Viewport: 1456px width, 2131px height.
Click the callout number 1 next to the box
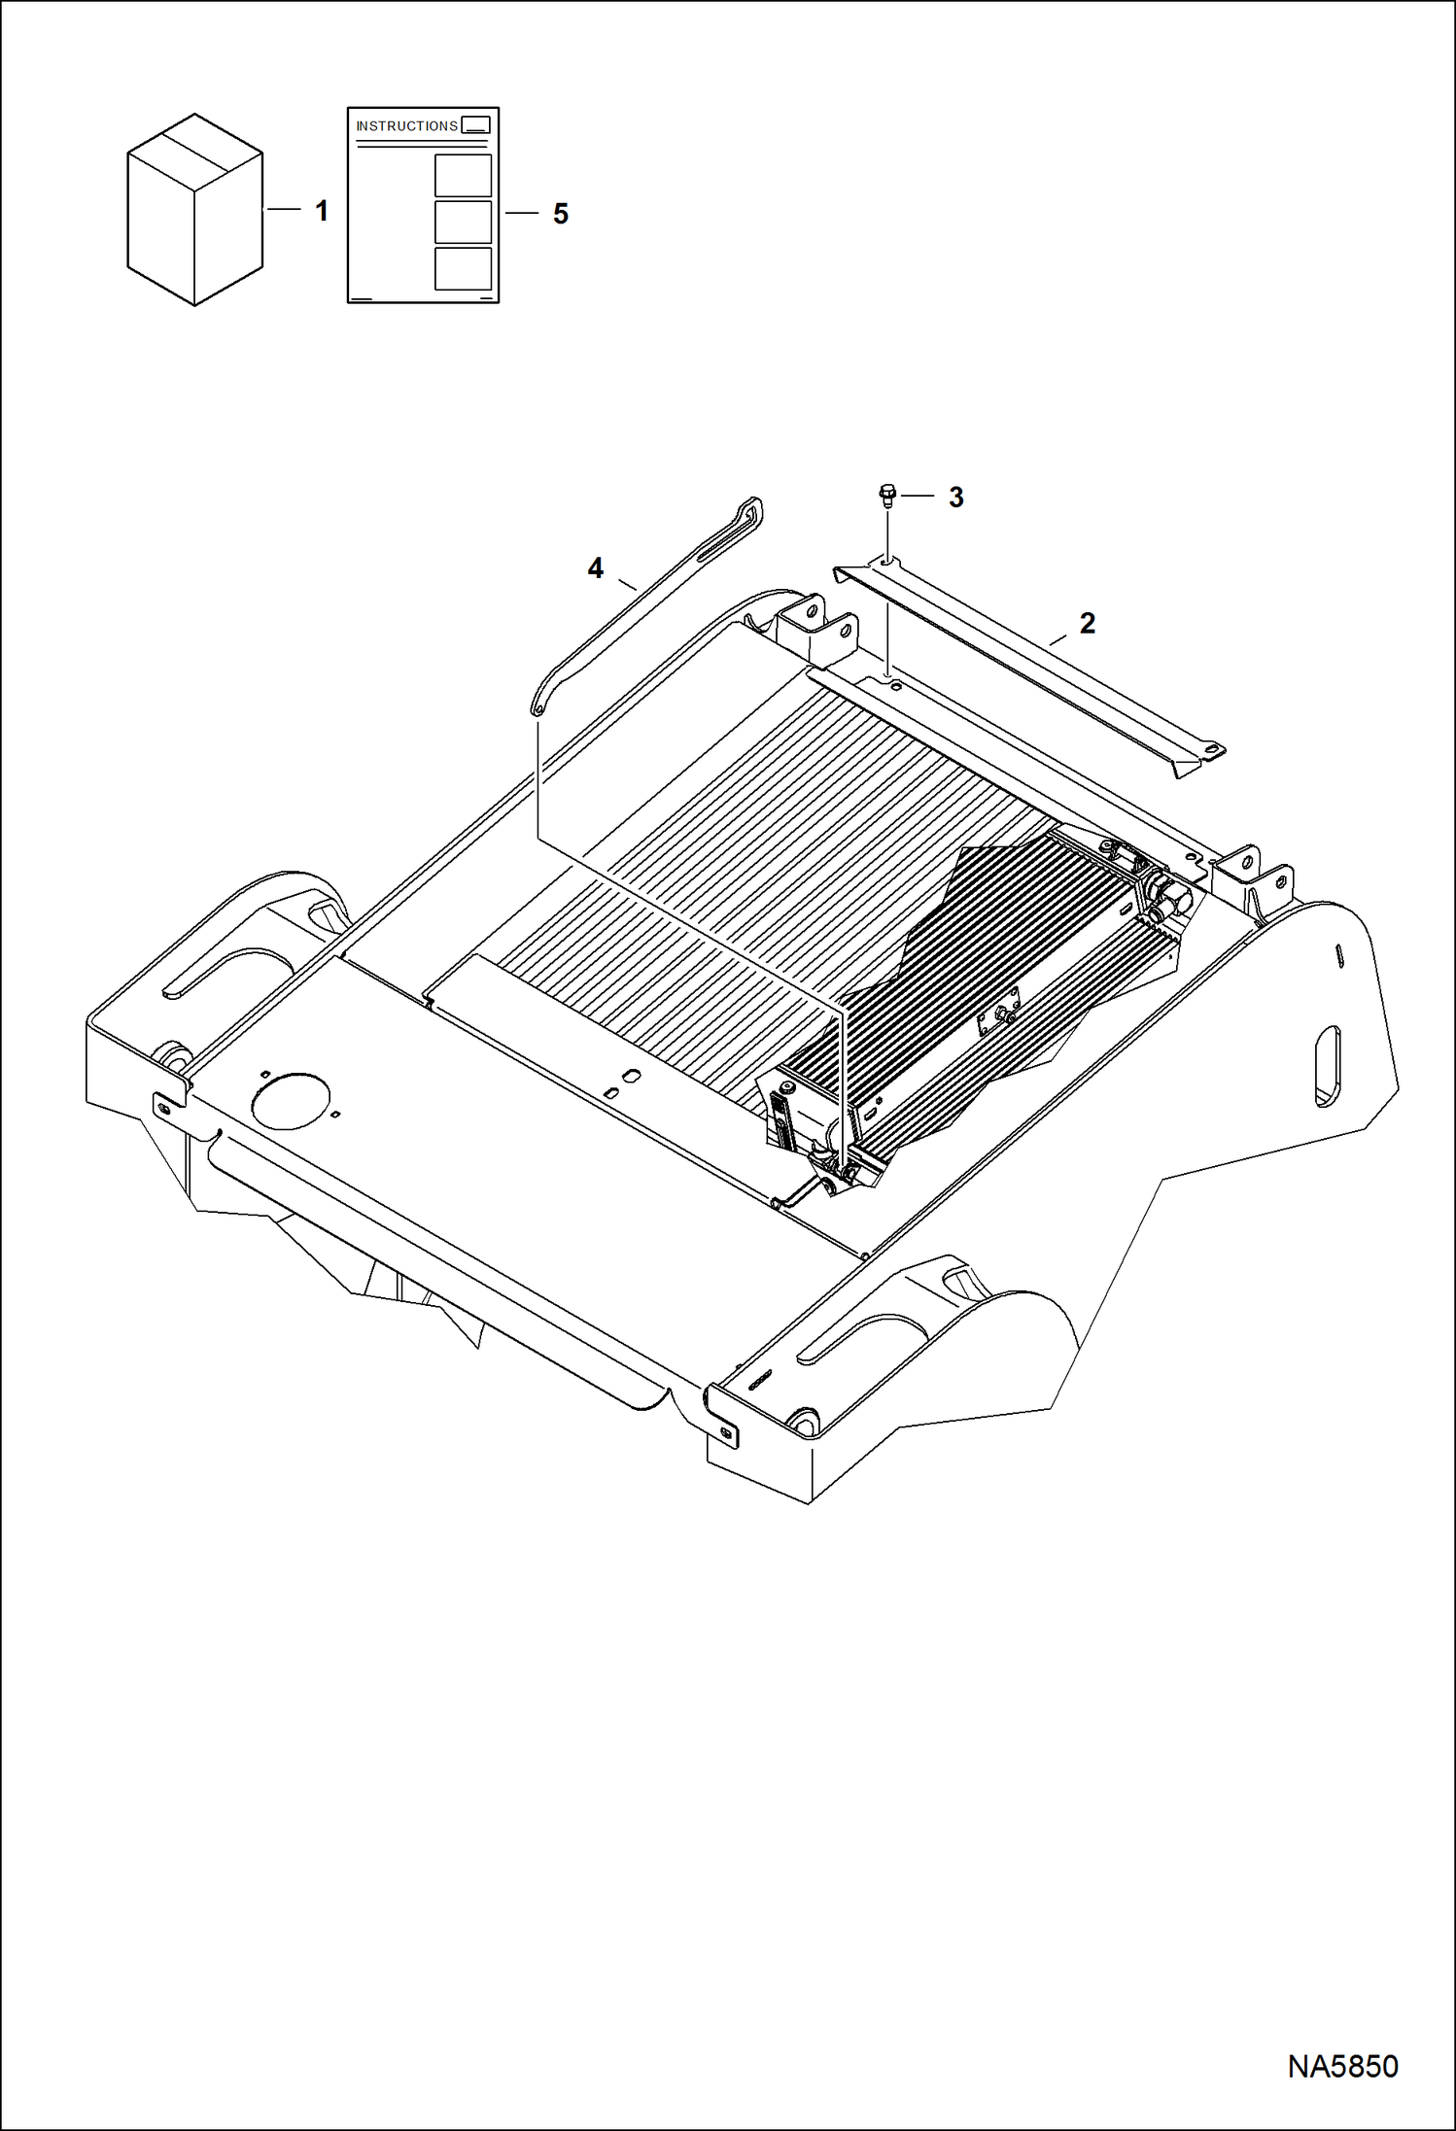click(x=322, y=211)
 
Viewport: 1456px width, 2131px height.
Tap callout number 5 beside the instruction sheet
click(x=560, y=214)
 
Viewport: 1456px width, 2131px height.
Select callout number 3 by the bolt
click(x=956, y=498)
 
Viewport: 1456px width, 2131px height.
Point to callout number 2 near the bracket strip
click(x=1087, y=624)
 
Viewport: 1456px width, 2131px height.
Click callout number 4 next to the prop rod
click(x=596, y=568)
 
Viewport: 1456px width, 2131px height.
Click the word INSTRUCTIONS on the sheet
click(x=406, y=126)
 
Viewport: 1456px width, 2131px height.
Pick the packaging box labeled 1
click(x=194, y=210)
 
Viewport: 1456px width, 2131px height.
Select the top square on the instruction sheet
click(x=463, y=175)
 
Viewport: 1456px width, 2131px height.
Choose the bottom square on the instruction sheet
click(x=463, y=268)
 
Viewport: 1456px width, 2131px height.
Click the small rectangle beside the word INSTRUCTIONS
click(x=475, y=125)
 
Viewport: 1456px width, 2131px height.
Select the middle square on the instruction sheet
click(x=463, y=222)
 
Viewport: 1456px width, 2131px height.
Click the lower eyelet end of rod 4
click(x=536, y=709)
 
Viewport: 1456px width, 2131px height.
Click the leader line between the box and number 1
click(x=284, y=209)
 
